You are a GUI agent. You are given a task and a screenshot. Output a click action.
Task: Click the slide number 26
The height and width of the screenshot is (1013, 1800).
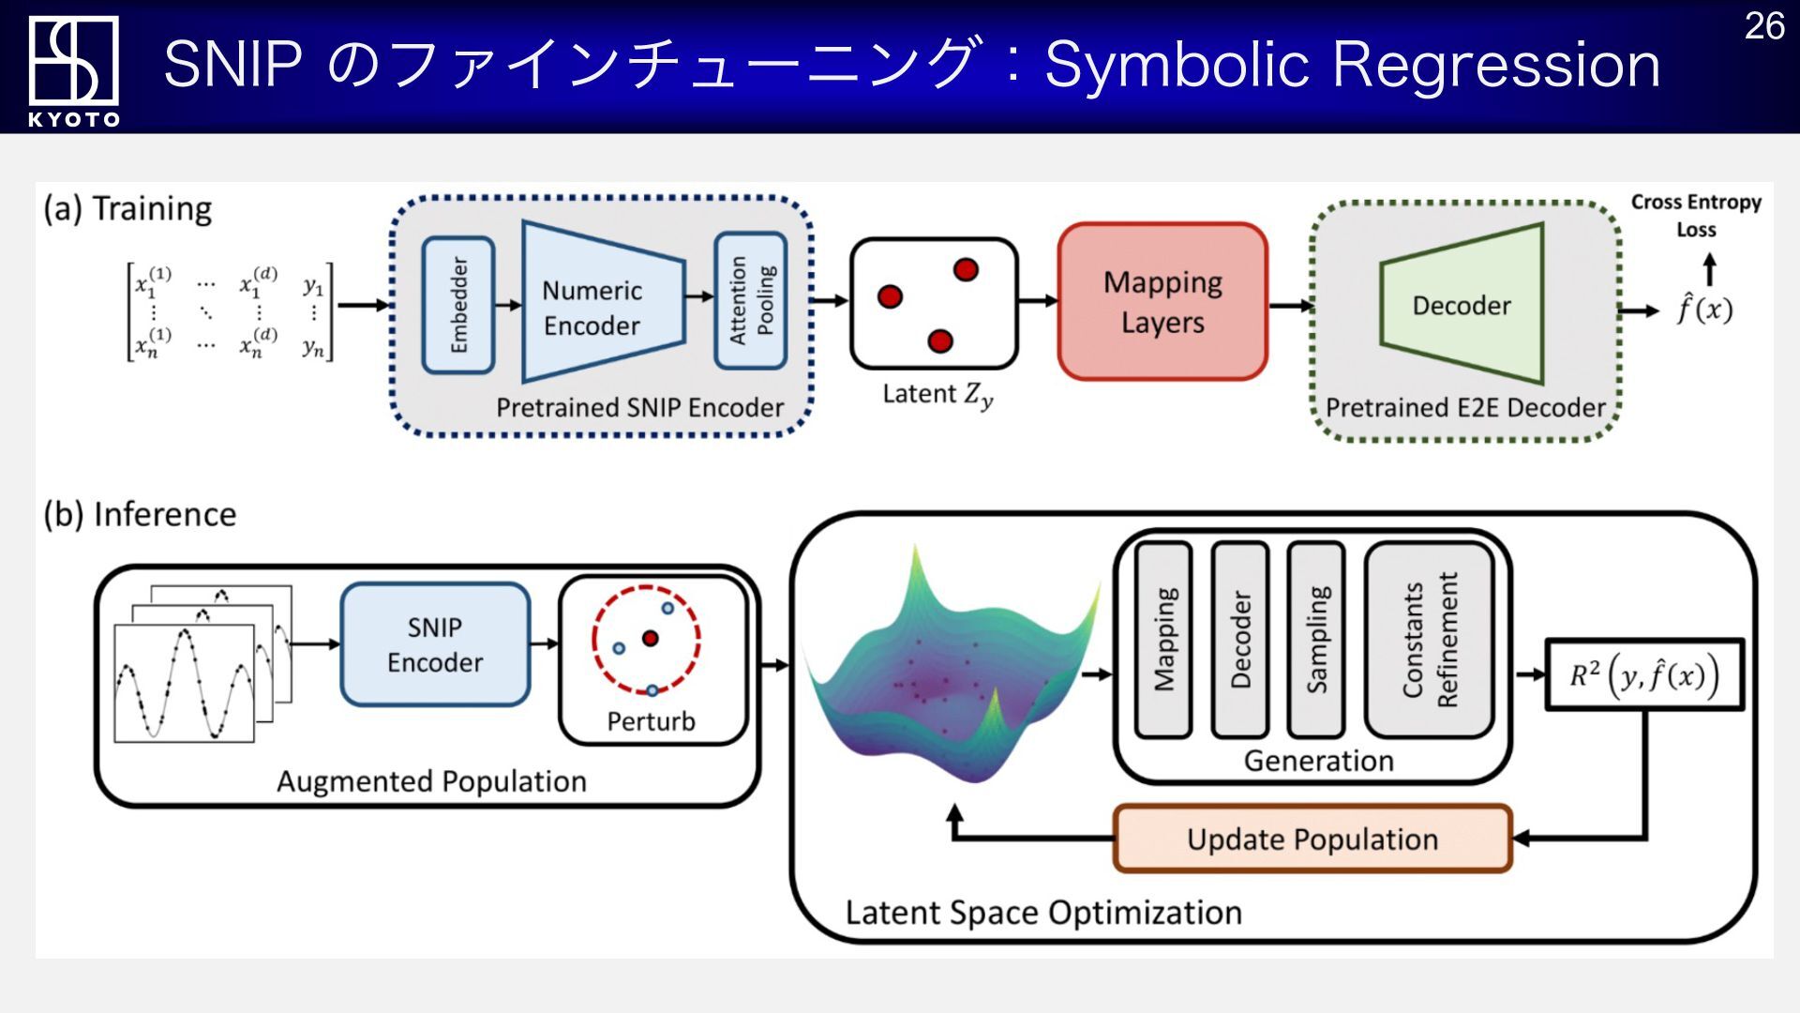coord(1763,26)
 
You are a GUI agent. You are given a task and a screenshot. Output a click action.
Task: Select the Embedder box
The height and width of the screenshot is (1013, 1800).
coord(458,305)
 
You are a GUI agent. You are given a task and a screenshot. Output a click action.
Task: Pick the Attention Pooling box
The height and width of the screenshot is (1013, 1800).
coord(750,300)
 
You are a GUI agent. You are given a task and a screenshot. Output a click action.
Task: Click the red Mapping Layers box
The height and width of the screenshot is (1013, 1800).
coord(1162,301)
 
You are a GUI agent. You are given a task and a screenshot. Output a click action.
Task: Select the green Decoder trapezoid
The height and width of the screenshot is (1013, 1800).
coord(1462,304)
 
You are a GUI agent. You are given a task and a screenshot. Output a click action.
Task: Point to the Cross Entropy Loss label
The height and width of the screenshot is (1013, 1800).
coord(1696,216)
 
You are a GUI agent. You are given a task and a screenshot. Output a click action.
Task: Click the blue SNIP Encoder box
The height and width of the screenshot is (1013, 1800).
coord(435,644)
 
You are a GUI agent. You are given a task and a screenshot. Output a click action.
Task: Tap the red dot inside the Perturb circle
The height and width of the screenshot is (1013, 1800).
coord(650,639)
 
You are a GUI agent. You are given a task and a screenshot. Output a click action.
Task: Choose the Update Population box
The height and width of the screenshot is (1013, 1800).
coord(1312,839)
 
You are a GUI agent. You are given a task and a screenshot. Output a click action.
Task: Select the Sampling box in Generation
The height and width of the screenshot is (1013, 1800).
coord(1316,640)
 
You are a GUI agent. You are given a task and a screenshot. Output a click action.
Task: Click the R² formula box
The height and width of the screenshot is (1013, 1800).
coord(1644,675)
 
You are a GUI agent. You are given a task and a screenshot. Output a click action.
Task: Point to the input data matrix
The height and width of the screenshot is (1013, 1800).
coord(231,311)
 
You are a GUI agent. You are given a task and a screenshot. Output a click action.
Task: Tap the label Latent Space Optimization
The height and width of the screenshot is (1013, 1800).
coord(1043,913)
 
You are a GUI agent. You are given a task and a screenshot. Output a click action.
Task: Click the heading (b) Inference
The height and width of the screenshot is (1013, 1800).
coord(140,514)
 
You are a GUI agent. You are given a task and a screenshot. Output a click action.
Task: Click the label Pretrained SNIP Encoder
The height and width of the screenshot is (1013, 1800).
coord(639,408)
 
